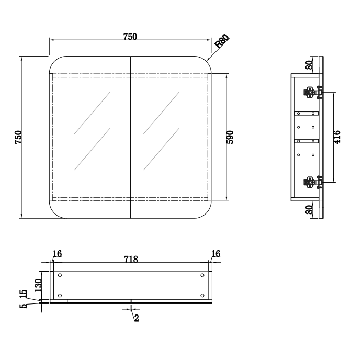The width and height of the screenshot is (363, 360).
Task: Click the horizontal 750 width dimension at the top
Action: (130, 36)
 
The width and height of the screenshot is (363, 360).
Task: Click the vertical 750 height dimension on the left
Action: (18, 137)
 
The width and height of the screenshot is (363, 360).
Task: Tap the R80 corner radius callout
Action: (222, 41)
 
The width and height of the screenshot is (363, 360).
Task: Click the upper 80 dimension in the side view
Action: (309, 65)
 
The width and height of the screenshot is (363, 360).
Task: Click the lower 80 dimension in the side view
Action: (309, 209)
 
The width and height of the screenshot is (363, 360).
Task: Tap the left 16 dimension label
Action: (57, 254)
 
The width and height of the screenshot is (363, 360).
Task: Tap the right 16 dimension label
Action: (215, 254)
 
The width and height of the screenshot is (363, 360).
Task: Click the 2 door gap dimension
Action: (136, 318)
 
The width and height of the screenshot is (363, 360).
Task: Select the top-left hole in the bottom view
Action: (60, 276)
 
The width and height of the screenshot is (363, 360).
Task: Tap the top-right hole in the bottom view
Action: (202, 276)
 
